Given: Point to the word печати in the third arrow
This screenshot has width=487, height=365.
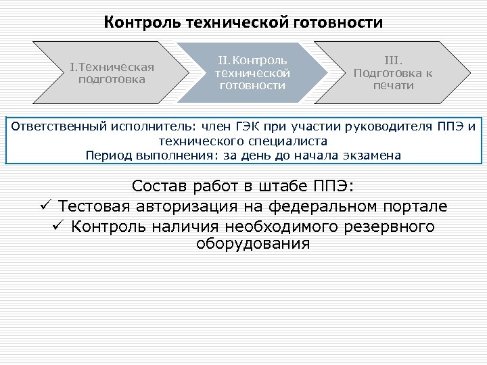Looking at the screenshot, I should [393, 86].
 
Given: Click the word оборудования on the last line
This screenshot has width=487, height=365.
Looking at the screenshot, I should [252, 243].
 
